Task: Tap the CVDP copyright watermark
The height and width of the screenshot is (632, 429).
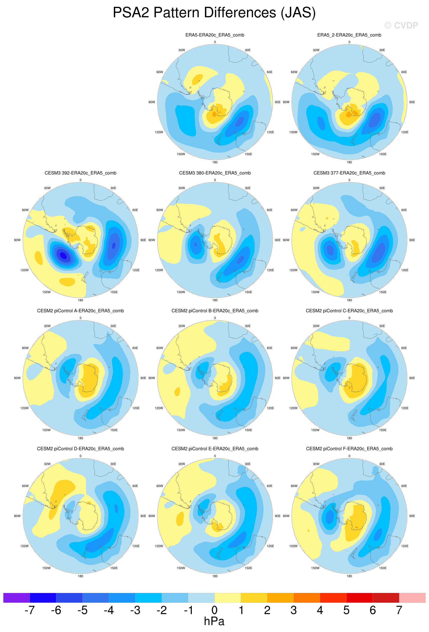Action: coord(401,25)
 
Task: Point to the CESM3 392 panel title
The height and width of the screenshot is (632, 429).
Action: coord(81,173)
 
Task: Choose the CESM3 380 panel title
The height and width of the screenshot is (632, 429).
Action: coord(215,173)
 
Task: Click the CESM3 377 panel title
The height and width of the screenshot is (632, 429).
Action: coord(349,173)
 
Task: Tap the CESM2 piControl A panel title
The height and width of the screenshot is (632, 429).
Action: coord(81,311)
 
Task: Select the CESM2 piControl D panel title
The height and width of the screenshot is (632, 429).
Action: coord(81,449)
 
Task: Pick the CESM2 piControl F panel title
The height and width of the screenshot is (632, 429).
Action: coord(349,449)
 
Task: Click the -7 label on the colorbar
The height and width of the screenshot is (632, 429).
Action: coord(30,610)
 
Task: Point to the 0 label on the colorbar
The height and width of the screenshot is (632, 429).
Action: coord(214,610)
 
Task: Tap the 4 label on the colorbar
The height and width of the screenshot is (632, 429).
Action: coord(320,610)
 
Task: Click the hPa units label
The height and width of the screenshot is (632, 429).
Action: coord(214,621)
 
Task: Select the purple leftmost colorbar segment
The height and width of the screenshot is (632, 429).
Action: coord(16,598)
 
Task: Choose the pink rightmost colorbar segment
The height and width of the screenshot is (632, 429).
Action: coord(412,598)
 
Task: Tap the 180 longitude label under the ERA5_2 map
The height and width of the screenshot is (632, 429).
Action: coord(349,162)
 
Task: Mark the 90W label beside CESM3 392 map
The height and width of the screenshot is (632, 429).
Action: coord(17,240)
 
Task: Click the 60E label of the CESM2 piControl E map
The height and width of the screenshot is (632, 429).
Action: coord(269,486)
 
